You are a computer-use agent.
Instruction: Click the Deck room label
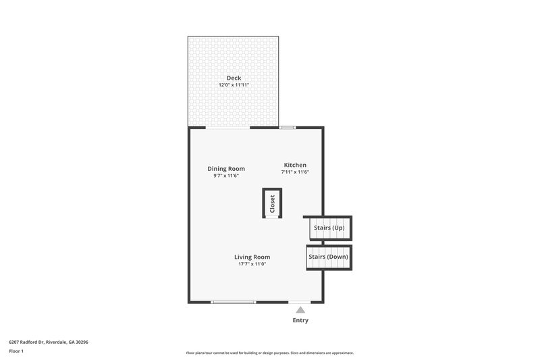click(234, 78)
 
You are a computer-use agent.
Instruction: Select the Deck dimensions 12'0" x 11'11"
click(234, 86)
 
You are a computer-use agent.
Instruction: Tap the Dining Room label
click(226, 169)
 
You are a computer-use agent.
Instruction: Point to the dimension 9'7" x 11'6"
click(226, 176)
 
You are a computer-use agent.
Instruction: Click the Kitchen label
click(295, 165)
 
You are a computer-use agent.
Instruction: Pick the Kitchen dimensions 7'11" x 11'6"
click(295, 172)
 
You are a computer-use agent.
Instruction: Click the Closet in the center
click(272, 203)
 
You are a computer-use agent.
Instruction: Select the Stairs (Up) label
click(329, 228)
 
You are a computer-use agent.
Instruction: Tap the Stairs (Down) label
click(329, 257)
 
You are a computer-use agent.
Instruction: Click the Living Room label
click(252, 257)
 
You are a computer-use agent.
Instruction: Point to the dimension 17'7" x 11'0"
click(252, 264)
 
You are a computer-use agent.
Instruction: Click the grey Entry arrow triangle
click(300, 310)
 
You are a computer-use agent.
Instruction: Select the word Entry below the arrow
click(300, 320)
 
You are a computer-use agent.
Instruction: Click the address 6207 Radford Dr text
click(49, 342)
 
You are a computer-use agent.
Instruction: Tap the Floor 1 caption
click(16, 351)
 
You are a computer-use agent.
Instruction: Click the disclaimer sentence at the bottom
click(270, 353)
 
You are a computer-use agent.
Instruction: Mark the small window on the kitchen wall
click(288, 127)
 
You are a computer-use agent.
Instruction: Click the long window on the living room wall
click(234, 302)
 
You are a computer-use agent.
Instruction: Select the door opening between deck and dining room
click(228, 127)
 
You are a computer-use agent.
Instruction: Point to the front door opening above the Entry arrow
click(300, 302)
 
